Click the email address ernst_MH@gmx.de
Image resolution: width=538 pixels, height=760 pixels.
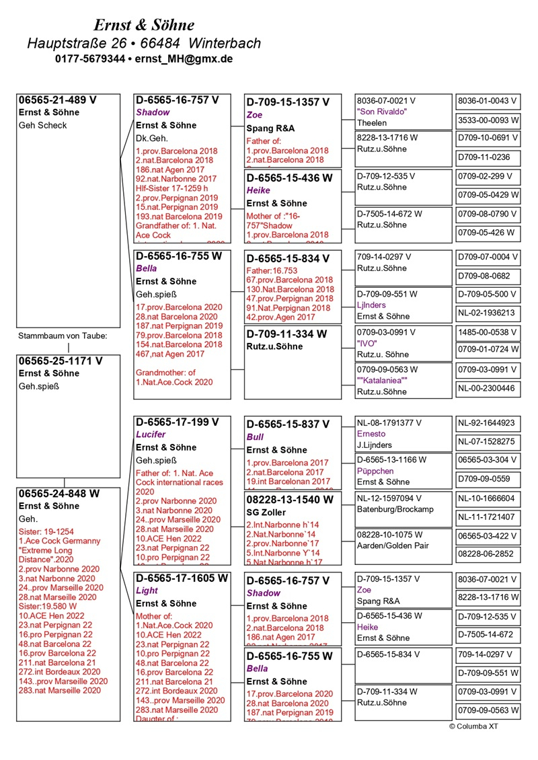tap(184, 59)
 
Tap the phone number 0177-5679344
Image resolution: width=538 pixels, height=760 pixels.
tap(90, 59)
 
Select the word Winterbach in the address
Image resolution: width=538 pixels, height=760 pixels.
tap(225, 43)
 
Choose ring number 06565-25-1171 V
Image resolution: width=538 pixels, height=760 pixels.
tap(61, 361)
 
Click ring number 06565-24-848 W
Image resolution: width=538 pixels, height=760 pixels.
tap(59, 494)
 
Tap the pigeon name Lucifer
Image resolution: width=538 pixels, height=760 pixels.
tap(151, 434)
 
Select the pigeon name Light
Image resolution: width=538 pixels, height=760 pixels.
tap(147, 591)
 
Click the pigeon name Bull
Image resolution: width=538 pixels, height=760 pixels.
tap(255, 437)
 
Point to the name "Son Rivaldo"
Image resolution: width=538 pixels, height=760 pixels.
tap(382, 112)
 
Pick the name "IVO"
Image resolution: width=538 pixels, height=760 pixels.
tap(367, 343)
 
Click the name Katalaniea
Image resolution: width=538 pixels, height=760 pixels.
tap(382, 380)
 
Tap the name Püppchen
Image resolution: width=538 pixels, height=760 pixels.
tap(375, 471)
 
